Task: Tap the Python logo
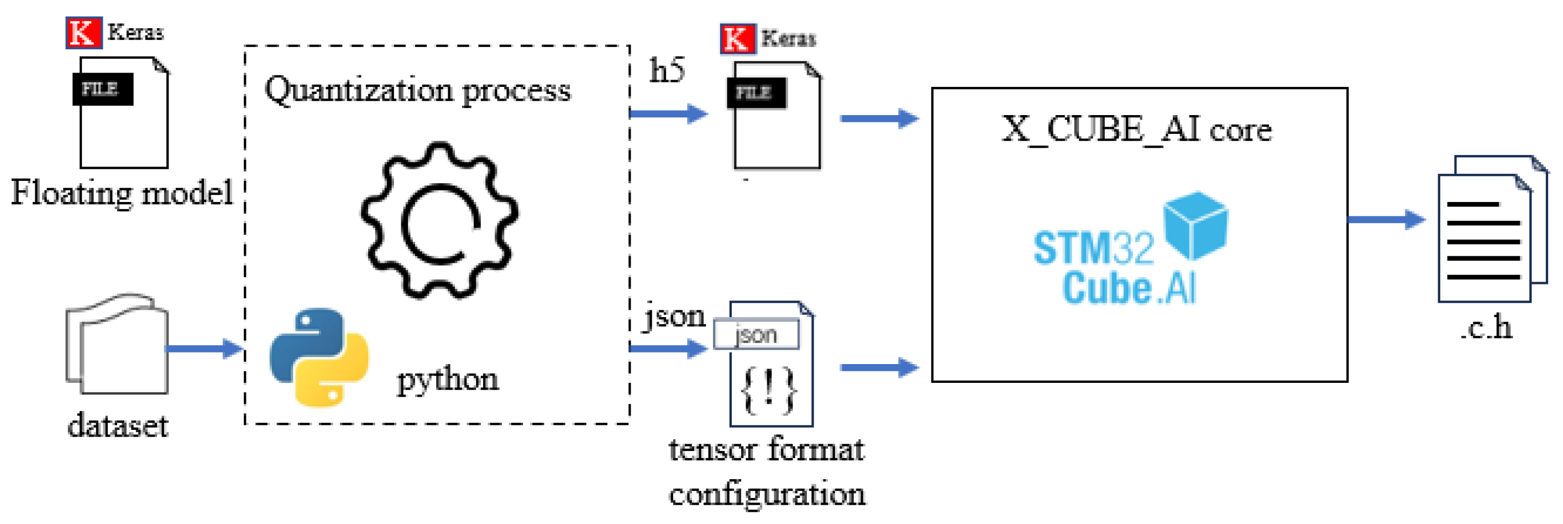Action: coord(319,357)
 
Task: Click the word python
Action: coord(448,380)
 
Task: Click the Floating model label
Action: coord(122,193)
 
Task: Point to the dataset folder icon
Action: coord(117,344)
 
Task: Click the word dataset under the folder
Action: coord(118,426)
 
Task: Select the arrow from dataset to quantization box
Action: coord(204,349)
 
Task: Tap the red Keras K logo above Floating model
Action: coord(83,32)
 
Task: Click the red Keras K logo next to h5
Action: coord(737,39)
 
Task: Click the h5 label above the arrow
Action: coord(667,70)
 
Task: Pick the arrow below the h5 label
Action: coord(668,113)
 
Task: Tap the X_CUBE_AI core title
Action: coord(1136,129)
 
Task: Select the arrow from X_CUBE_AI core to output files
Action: coord(1386,219)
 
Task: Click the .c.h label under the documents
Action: coord(1485,328)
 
